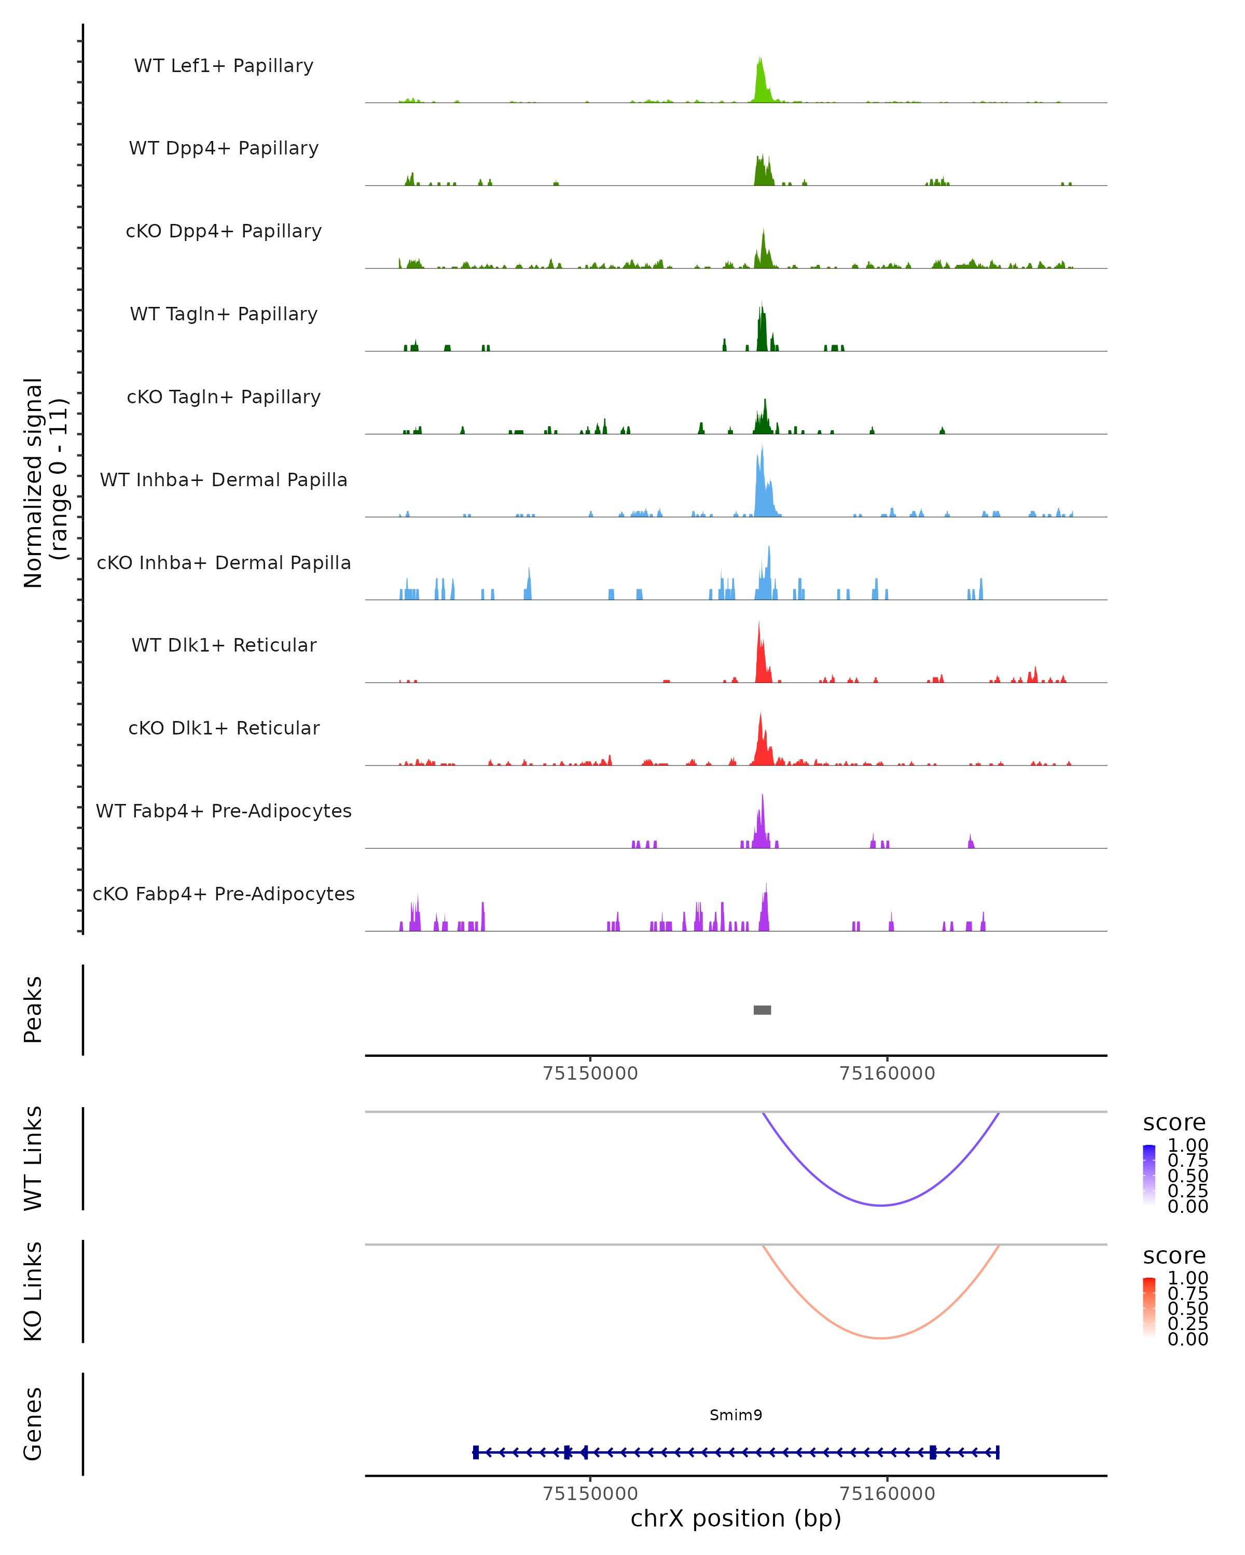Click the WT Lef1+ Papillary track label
224,66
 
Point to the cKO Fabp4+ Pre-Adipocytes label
224,894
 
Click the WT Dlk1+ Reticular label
224,645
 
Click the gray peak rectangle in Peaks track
762,1010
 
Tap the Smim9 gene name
736,1415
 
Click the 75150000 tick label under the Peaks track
590,1073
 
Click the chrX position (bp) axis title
736,1518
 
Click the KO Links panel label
33,1291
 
